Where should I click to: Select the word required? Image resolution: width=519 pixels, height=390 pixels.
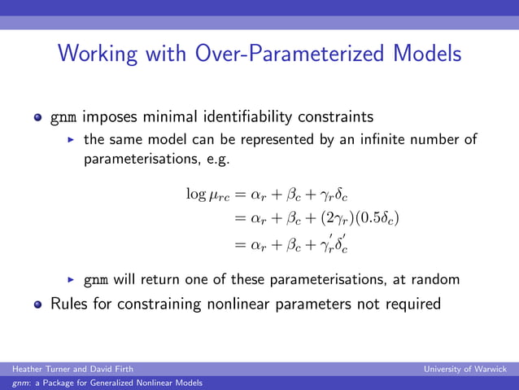411,304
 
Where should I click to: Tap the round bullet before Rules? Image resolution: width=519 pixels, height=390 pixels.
37,305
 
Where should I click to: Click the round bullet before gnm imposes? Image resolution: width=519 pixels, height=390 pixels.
37,117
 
